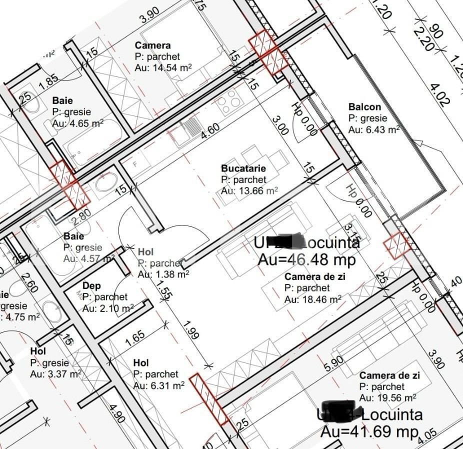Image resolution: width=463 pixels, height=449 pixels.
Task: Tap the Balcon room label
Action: (364, 106)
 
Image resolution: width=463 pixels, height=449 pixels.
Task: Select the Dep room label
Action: (91, 285)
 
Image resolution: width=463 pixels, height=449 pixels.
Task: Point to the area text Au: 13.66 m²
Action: (249, 191)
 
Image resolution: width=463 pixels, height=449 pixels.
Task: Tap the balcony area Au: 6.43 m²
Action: (374, 129)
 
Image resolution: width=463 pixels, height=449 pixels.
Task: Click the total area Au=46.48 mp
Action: (306, 259)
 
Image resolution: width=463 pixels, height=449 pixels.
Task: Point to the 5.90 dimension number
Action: (334, 363)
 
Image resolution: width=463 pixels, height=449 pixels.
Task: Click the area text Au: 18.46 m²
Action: (312, 299)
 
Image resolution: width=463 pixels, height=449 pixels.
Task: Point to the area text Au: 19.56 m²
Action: (387, 398)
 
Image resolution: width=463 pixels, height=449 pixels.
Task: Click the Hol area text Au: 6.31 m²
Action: (159, 385)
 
